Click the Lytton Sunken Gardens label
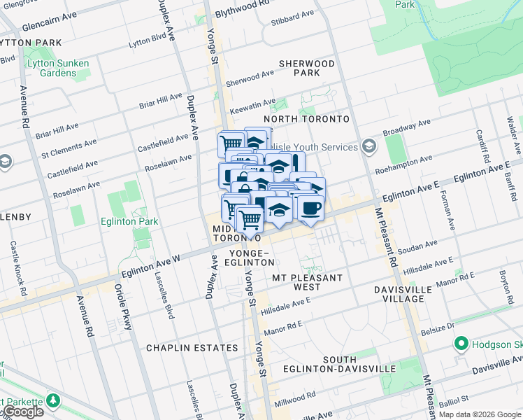coord(57,69)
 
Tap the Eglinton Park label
coord(133,222)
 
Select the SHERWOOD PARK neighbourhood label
coord(307,68)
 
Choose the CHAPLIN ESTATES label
coord(192,348)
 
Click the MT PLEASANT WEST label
coord(308,282)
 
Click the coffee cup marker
coord(310,208)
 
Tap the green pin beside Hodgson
coord(461,344)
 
